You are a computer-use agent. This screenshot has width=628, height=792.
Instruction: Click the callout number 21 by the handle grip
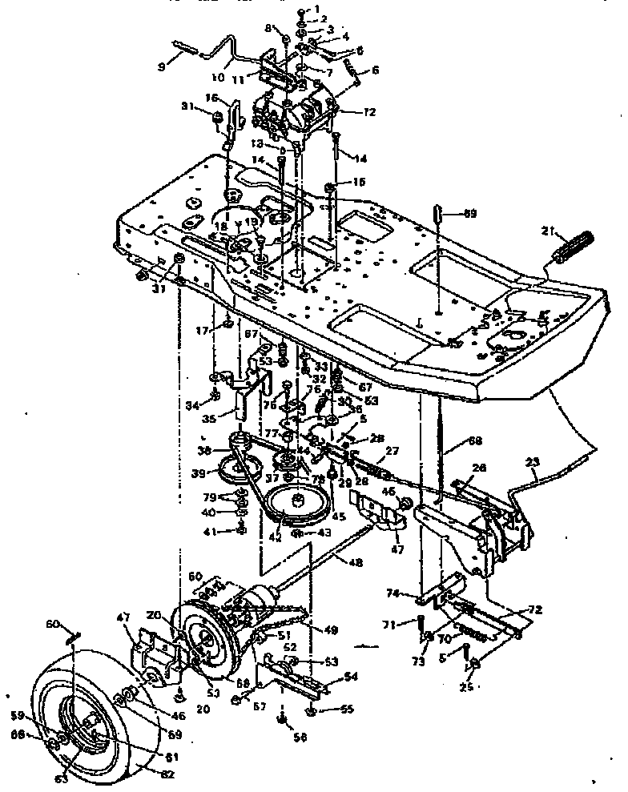pyautogui.click(x=547, y=231)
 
